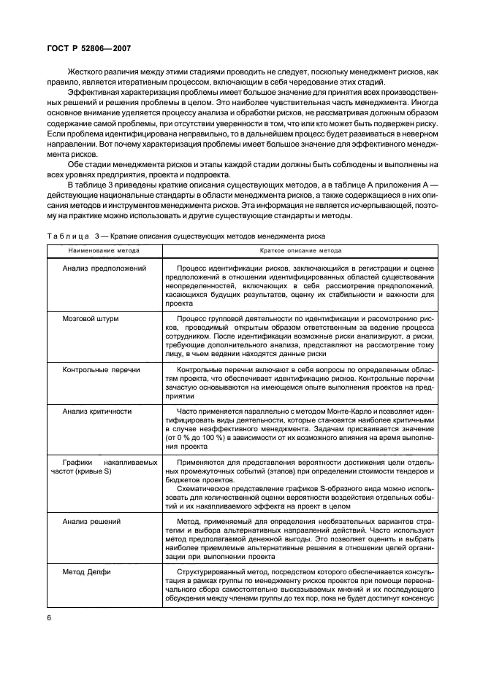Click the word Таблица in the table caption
point(67,236)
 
